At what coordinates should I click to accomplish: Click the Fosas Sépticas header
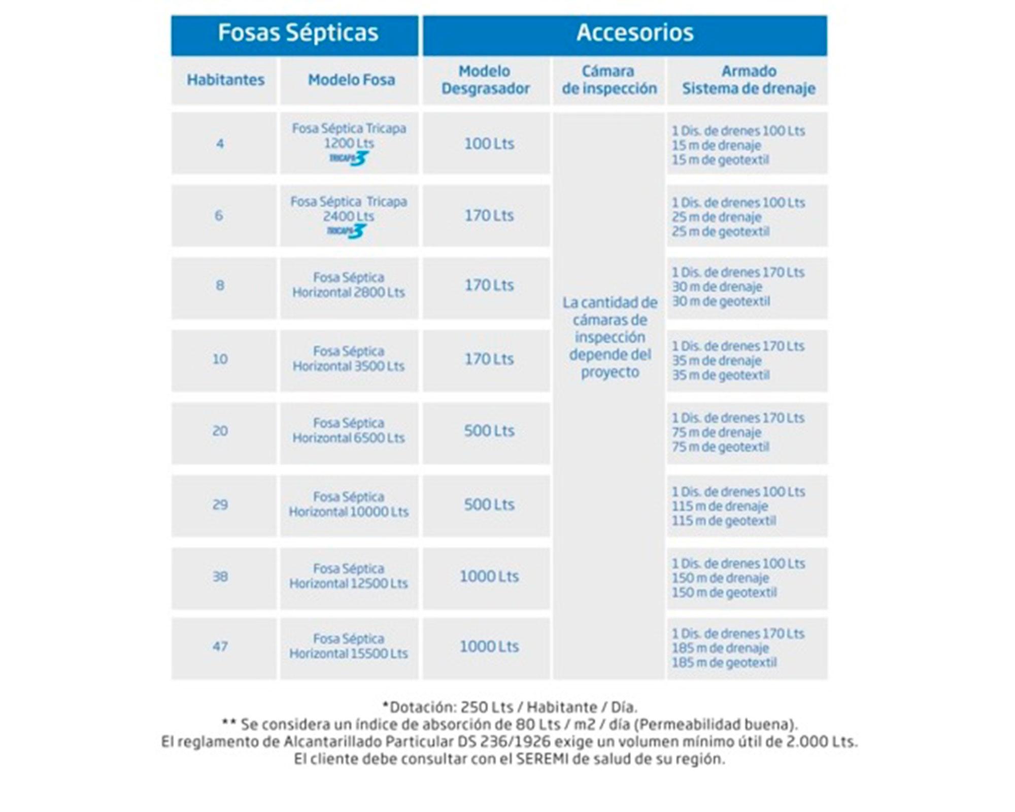tap(298, 33)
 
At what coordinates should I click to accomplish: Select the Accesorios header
tap(634, 33)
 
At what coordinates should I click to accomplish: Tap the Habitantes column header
tap(225, 80)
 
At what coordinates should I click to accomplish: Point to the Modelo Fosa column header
tap(351, 80)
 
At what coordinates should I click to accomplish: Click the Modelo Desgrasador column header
tap(486, 80)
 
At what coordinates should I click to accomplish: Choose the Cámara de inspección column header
tap(608, 80)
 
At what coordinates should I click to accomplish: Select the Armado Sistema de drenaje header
tap(749, 80)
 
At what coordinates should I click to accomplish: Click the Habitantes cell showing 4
tap(220, 144)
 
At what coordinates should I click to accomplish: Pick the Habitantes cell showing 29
tap(220, 504)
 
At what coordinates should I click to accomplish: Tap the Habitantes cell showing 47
tap(220, 647)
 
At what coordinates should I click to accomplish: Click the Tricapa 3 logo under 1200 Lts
tap(349, 158)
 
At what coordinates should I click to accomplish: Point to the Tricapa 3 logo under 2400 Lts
tap(347, 231)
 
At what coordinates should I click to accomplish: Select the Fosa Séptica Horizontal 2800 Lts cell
tap(349, 285)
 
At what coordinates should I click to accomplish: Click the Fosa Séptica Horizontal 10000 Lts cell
tap(349, 504)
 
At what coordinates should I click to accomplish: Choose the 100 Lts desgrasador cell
tap(489, 144)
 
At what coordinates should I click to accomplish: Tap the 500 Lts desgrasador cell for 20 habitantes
tap(489, 431)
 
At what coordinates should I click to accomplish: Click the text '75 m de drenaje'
tap(716, 433)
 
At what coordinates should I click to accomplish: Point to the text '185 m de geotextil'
tap(724, 662)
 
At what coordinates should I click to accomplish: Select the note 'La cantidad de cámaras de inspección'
tap(610, 337)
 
